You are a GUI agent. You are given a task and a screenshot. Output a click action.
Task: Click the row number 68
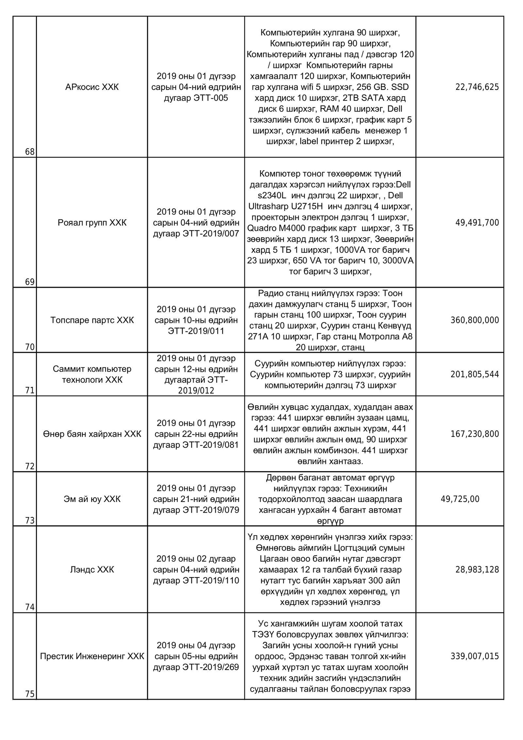30,152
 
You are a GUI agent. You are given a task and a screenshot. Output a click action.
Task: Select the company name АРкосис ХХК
92,87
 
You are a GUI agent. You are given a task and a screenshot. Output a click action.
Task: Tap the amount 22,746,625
477,87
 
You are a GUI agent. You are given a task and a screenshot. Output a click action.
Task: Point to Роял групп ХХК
92,223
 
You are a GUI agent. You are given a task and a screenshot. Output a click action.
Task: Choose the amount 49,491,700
477,223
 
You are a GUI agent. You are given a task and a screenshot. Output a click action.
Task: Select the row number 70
30,347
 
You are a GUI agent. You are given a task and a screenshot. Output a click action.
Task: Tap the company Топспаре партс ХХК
92,320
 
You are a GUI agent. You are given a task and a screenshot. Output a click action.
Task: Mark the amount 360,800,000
475,320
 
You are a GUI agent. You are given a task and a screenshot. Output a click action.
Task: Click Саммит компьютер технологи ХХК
92,374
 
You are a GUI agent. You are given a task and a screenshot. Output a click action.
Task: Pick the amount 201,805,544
475,374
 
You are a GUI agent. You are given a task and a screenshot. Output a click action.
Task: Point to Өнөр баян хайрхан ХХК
92,434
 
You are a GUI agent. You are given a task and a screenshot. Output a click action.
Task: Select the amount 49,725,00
460,499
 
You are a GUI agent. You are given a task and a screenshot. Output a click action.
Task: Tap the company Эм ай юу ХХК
92,499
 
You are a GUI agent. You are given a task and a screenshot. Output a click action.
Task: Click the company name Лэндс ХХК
92,570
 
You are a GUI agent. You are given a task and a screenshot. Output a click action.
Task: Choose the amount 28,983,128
477,570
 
